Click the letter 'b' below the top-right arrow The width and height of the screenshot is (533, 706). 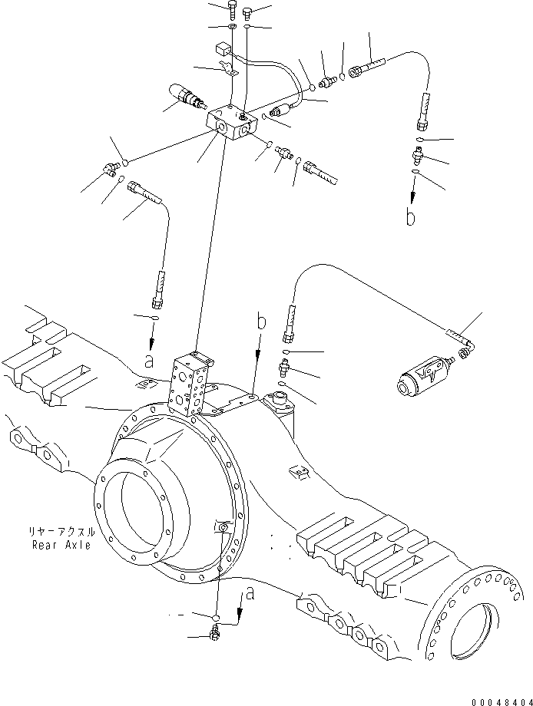pyautogui.click(x=411, y=218)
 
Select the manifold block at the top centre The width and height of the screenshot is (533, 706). pyautogui.click(x=231, y=123)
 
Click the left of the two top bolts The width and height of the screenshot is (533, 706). pyautogui.click(x=233, y=10)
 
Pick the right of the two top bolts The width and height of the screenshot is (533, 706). pyautogui.click(x=247, y=11)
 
